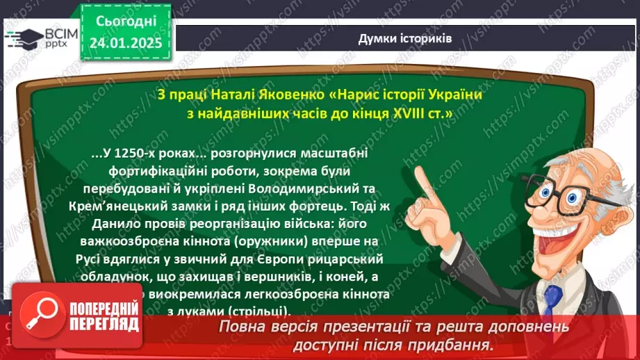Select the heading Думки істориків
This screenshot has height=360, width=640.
404,38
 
